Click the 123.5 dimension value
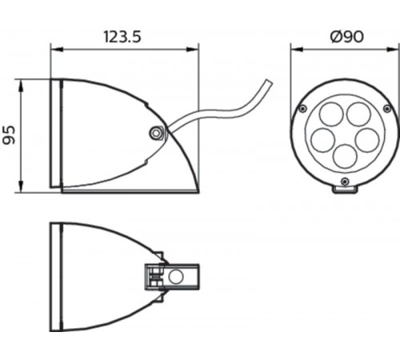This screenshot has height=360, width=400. [x=125, y=36]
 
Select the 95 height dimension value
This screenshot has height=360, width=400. [x=10, y=134]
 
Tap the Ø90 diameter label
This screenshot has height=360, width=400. [x=345, y=36]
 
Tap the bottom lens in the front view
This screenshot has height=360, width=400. [x=345, y=154]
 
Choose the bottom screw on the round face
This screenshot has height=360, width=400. [x=344, y=182]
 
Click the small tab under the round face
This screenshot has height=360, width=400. [x=344, y=189]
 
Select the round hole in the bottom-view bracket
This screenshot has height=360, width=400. [x=176, y=278]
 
